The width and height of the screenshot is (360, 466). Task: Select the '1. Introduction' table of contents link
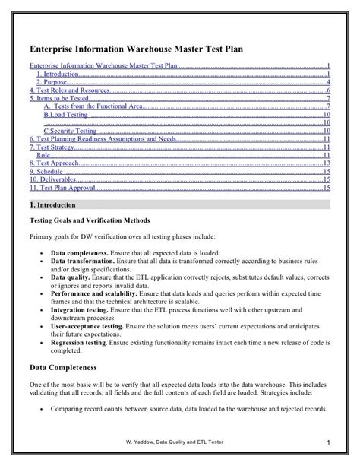click(58, 74)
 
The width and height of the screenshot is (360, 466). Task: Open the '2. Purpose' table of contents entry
click(53, 82)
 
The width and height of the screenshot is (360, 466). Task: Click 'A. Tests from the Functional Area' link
click(93, 106)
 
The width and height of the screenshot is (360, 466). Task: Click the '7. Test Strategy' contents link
click(51, 147)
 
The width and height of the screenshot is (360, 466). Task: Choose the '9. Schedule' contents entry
click(46, 171)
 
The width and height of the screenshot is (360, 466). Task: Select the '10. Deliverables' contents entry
click(52, 179)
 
